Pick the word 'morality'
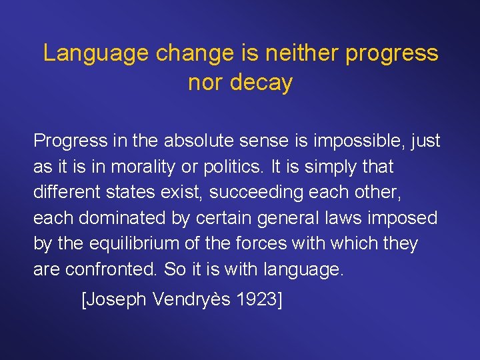coord(150,167)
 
